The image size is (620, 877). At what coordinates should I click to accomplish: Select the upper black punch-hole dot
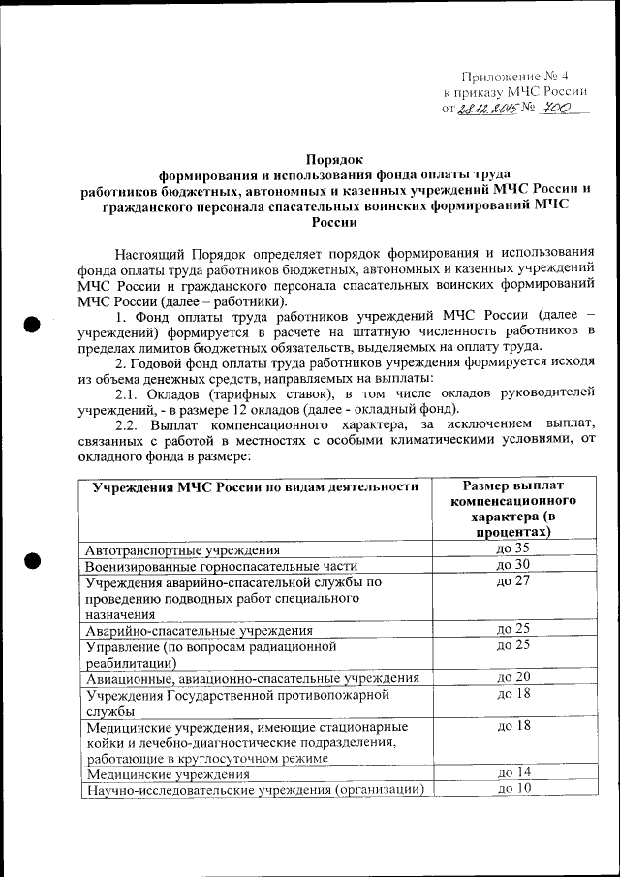tap(31, 324)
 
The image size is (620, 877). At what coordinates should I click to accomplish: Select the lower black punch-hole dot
tap(31, 559)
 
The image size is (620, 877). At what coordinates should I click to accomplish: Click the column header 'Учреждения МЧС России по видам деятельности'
tap(256, 485)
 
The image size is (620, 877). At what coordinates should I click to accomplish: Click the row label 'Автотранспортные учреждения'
tap(183, 549)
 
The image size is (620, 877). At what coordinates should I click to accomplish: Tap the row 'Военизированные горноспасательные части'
tap(222, 565)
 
